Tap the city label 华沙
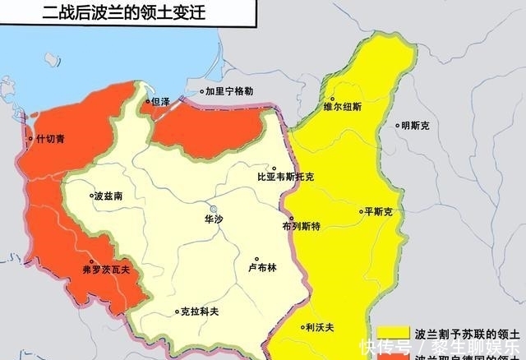point(214,220)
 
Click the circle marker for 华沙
point(214,208)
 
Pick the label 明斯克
point(415,126)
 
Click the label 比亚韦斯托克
point(285,177)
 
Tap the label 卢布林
point(262,267)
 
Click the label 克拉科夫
point(200,312)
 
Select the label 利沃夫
point(319,327)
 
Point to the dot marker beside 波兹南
point(91,196)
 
